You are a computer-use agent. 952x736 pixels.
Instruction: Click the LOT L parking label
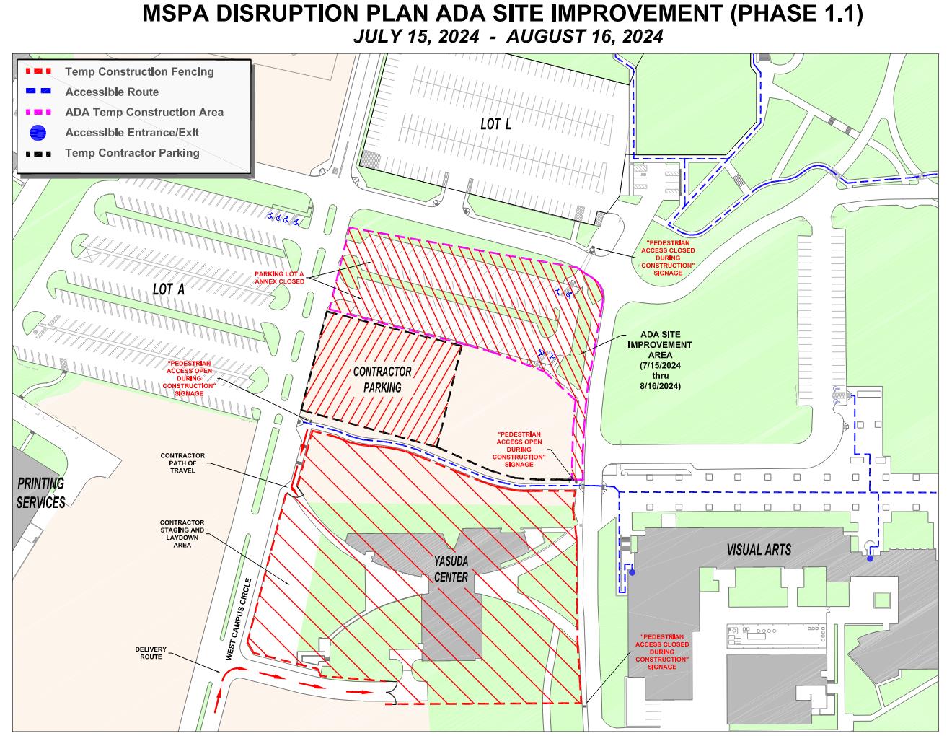point(495,124)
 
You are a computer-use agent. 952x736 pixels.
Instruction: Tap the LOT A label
point(169,289)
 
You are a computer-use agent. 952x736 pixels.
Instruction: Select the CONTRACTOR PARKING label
point(382,380)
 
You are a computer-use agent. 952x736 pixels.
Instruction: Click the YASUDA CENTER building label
point(451,570)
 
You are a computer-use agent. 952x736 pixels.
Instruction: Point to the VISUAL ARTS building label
point(758,550)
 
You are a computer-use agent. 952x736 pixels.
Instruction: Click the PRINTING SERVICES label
point(41,493)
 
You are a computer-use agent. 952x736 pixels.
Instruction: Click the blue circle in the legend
point(38,133)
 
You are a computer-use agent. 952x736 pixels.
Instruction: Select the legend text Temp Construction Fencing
point(139,71)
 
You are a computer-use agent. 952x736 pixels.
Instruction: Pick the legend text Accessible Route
point(112,92)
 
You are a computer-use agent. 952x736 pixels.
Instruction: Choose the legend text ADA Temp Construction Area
point(144,112)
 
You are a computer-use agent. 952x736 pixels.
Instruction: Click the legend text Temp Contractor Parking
point(132,153)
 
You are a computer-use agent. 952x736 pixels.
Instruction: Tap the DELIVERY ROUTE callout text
point(151,653)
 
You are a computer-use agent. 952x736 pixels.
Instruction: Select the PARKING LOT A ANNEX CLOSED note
point(279,278)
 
